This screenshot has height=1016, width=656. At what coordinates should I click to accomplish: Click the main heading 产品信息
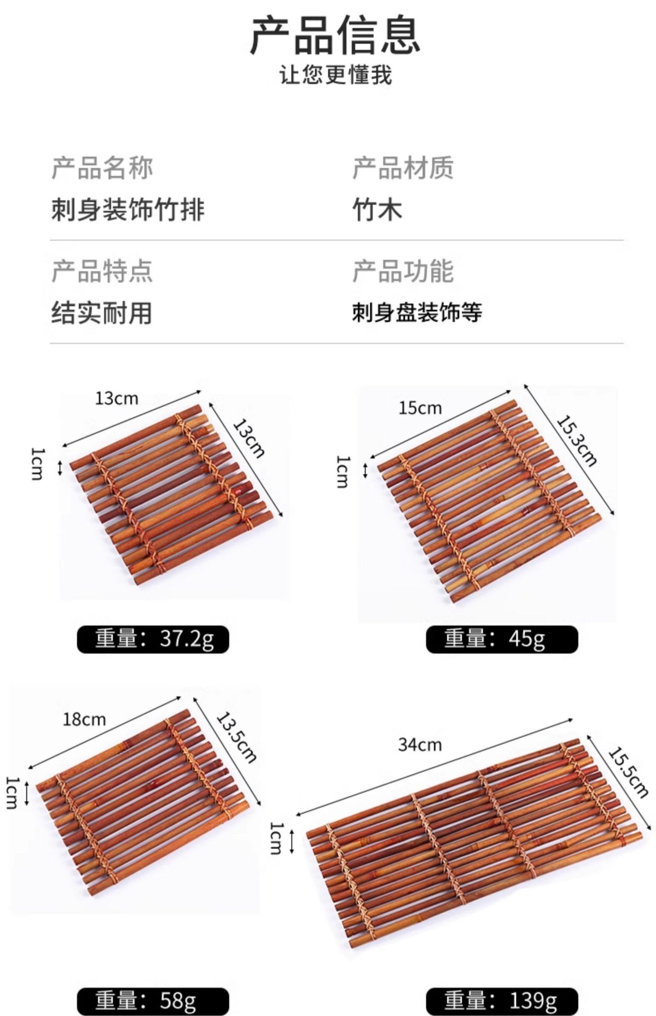335,36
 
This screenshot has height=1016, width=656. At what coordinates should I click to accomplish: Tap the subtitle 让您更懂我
335,75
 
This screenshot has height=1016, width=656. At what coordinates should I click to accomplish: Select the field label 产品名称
102,168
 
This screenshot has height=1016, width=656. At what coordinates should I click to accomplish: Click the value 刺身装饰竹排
127,210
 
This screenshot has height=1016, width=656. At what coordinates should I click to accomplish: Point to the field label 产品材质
403,168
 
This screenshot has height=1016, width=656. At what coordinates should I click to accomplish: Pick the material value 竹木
377,210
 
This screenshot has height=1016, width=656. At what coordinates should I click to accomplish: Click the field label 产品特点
102,271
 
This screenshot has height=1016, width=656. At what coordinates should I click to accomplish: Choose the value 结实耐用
102,313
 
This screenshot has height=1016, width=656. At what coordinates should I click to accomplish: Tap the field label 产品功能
403,271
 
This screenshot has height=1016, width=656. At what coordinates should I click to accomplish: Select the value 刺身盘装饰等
417,313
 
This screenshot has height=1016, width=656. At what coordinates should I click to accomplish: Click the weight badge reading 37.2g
153,639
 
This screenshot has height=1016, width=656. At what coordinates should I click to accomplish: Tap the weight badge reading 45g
502,639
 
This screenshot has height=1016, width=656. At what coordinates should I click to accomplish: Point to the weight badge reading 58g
153,1001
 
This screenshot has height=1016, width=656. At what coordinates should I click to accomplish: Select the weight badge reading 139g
502,1001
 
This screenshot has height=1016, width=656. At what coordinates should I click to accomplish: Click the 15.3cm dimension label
577,440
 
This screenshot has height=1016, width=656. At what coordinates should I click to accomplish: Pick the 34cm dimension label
420,745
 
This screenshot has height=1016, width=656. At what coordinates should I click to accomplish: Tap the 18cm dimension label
84,720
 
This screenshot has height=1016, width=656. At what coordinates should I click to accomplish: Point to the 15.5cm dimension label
628,772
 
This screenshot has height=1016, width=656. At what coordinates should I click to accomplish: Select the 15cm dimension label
420,408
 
